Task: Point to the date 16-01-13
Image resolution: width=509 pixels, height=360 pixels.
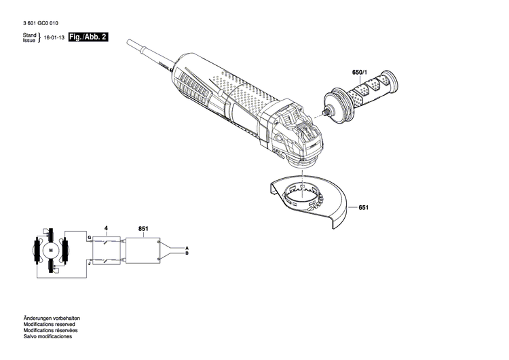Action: tap(54, 39)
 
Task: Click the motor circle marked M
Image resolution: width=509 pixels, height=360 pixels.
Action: tap(50, 250)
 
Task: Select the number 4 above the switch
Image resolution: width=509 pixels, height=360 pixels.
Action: tap(105, 230)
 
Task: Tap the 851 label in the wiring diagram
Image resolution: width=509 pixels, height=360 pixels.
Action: tap(143, 230)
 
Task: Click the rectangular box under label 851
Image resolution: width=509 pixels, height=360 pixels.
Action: tap(143, 249)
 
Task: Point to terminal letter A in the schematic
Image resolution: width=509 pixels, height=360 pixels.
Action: tap(187, 248)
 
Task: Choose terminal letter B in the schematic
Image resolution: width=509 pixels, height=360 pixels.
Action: tap(187, 254)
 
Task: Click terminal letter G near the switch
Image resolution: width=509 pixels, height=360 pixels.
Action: tap(88, 237)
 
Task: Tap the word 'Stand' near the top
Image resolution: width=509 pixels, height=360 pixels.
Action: tap(29, 35)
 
